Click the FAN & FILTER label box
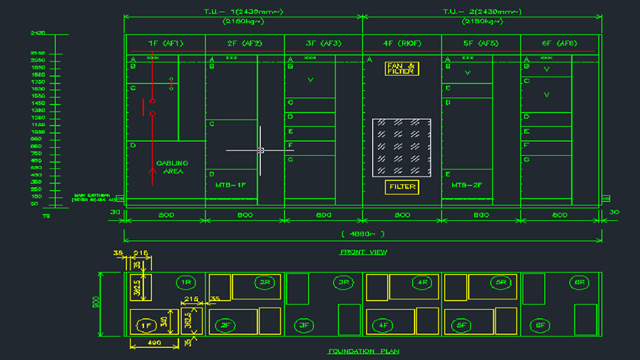click(x=401, y=68)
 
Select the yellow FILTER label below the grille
click(x=401, y=187)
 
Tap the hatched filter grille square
click(x=401, y=148)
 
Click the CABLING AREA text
click(x=172, y=167)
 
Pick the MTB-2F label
click(x=467, y=184)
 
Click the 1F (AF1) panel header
click(x=165, y=43)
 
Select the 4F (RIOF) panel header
click(x=401, y=43)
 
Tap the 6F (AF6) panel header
click(x=559, y=43)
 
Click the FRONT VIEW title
click(x=363, y=252)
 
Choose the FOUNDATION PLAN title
click(x=363, y=351)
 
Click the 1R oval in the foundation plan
click(x=186, y=283)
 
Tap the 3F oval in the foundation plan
click(x=305, y=325)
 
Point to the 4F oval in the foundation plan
click(x=383, y=325)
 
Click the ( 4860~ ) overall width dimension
click(x=363, y=234)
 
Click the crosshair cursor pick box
click(x=260, y=151)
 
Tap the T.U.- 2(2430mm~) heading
click(x=482, y=12)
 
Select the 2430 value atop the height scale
click(x=37, y=32)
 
